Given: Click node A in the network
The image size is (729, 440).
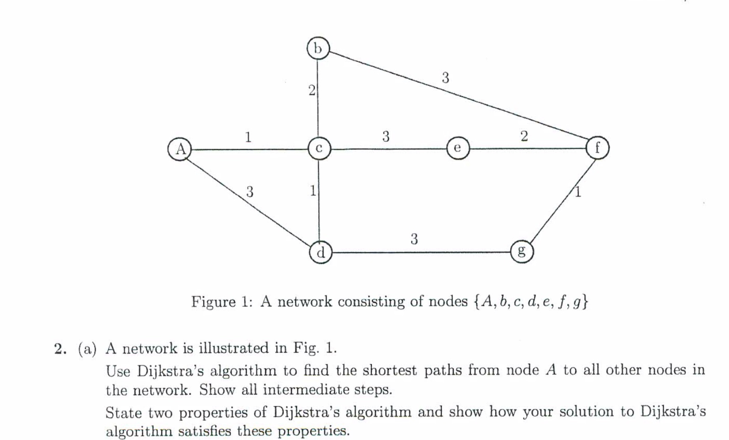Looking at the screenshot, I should click(180, 149).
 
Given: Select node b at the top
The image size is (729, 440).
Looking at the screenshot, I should click(318, 48).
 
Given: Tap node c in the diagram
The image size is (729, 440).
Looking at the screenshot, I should click(319, 148).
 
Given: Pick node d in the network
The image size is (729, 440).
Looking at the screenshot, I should click(321, 252).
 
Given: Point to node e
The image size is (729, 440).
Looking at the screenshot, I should click(458, 148).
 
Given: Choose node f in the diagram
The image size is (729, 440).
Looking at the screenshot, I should click(597, 148).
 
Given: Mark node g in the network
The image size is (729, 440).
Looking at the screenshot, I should click(522, 251).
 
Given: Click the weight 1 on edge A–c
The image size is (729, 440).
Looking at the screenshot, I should click(248, 136).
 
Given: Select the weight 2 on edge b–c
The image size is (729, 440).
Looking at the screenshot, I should click(312, 90).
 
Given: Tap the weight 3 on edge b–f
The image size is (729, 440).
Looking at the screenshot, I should click(445, 78).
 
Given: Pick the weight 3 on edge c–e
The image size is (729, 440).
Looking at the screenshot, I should click(386, 136).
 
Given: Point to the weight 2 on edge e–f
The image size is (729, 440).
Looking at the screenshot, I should click(524, 136).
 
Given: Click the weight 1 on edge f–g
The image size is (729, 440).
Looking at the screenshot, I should click(578, 192).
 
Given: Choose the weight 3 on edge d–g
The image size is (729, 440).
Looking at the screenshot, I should click(414, 239).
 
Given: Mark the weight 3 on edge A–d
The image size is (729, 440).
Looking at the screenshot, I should click(249, 191).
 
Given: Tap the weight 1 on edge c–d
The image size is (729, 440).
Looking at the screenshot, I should click(312, 190).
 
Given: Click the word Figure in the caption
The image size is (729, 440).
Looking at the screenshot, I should click(213, 302).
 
